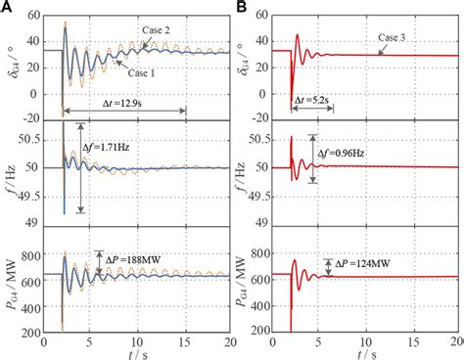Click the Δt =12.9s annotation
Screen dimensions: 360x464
[124, 100]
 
